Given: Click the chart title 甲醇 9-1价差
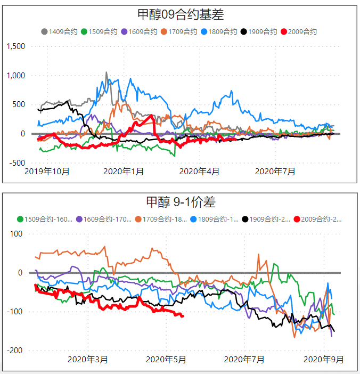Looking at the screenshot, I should (180, 202).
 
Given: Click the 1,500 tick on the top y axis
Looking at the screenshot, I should (15, 46).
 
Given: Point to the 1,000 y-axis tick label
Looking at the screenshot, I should (15, 76).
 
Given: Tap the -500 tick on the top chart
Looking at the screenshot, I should (16, 162).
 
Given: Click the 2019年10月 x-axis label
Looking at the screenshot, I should (47, 172).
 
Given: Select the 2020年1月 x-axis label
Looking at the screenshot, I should (124, 172).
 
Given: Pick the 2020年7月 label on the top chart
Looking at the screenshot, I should (275, 172).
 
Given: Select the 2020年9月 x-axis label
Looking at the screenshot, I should (323, 360).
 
